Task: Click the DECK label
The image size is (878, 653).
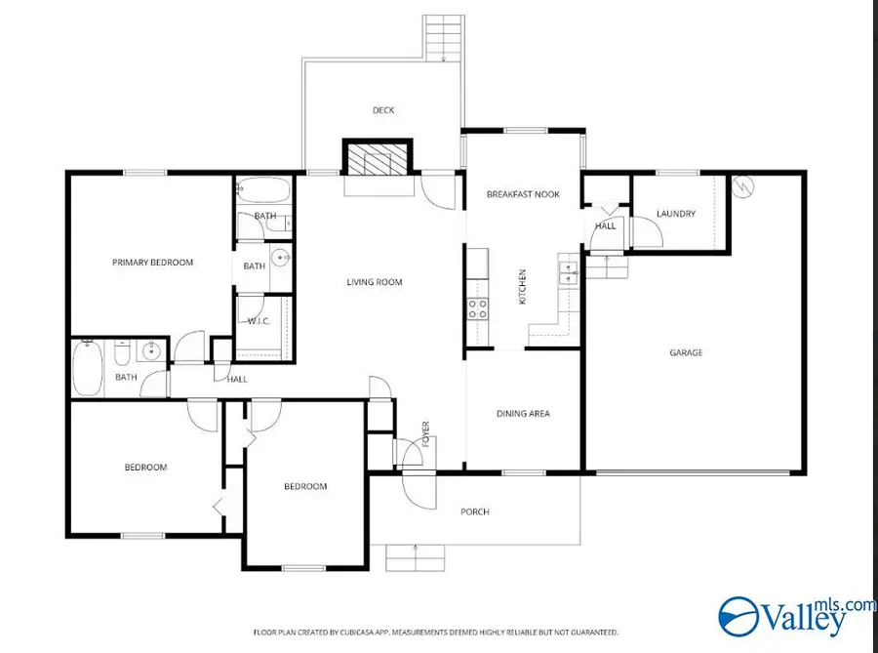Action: [x=383, y=110]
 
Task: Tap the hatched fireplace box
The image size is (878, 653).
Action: [x=378, y=157]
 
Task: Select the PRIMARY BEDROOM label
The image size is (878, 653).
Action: [x=152, y=263]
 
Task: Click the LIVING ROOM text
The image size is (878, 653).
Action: [x=374, y=282]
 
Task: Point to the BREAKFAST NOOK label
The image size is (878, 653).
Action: [x=523, y=194]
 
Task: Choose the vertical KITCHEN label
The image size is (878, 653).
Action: [x=523, y=287]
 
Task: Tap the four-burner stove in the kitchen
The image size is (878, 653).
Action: [x=478, y=308]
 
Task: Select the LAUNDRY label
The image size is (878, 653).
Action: [x=676, y=214]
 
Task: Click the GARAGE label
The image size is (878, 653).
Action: [x=686, y=352]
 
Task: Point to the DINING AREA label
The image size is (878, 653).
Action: [x=523, y=413]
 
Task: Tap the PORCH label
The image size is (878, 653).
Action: [x=475, y=511]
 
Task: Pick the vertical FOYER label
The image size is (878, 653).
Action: [x=425, y=433]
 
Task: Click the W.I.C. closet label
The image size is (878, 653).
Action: [x=259, y=321]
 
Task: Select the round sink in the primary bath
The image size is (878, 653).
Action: [x=281, y=258]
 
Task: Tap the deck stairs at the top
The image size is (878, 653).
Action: [x=444, y=38]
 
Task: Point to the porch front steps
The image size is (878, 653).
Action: [x=415, y=557]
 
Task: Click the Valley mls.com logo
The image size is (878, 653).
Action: [x=797, y=616]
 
